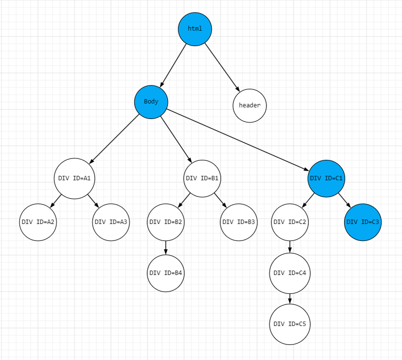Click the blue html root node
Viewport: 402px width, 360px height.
[195, 29]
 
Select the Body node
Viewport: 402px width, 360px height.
[151, 102]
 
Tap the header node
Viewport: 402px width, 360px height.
[250, 105]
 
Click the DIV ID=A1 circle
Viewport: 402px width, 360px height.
[74, 178]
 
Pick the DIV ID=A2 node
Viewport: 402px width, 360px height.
[38, 223]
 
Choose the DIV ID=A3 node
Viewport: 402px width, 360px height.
[111, 223]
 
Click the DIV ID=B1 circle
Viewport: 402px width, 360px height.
[202, 178]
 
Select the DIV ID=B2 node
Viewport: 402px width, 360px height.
[166, 223]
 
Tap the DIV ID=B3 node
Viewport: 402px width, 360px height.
[239, 223]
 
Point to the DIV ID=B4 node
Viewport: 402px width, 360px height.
[166, 273]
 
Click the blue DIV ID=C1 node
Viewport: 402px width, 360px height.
[326, 178]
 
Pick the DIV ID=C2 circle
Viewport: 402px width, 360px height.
[290, 223]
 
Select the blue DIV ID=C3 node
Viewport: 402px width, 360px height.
[363, 223]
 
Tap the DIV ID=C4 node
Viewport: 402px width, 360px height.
[290, 273]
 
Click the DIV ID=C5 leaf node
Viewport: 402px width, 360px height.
[290, 324]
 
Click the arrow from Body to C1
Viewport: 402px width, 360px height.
[238, 141]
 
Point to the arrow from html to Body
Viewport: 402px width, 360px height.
[174, 65]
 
